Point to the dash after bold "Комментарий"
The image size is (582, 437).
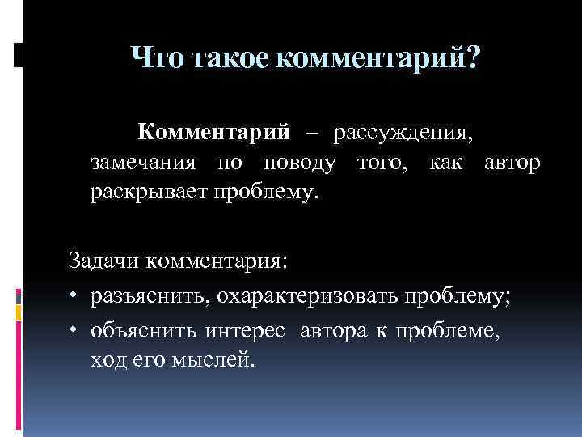[x=312, y=132]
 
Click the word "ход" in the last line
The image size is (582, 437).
[x=106, y=358]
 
